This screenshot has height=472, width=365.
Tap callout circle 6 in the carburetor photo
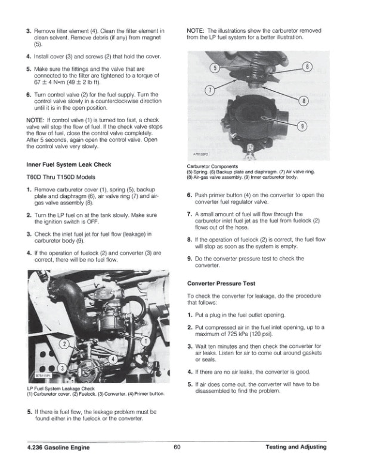308,66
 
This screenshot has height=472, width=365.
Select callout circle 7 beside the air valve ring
209,91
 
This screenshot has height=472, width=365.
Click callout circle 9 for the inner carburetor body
304,126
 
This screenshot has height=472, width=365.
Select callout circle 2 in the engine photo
64,344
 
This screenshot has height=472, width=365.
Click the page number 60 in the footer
178,447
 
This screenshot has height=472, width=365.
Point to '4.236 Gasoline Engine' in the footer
55,447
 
